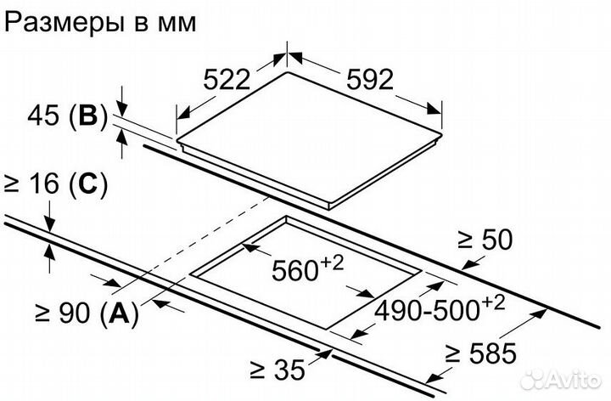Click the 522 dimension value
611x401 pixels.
(227, 80)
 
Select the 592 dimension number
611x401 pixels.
(370, 80)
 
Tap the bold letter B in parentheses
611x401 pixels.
(87, 116)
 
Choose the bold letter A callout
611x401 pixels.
(120, 313)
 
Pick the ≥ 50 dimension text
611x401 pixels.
(485, 240)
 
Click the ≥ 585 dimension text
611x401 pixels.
(481, 353)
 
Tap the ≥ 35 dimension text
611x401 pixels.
(277, 370)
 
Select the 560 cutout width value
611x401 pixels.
(295, 271)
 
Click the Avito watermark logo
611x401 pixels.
(560, 379)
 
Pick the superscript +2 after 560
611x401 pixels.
(333, 263)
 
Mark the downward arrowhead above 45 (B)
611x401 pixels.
(122, 109)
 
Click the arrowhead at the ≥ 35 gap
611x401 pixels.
(323, 354)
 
